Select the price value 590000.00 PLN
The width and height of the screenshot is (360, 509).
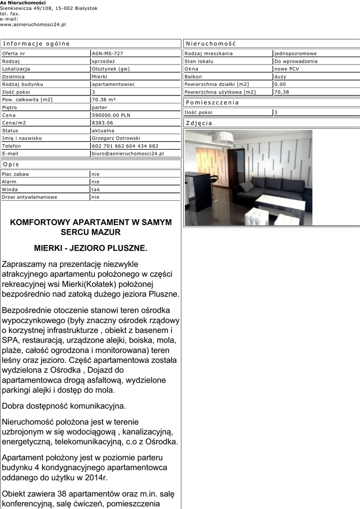111,115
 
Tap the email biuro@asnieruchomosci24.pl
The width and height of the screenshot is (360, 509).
128,154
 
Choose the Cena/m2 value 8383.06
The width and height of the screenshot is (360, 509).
102,123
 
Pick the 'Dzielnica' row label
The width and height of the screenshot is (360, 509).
13,77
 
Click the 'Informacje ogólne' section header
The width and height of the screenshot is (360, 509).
36,43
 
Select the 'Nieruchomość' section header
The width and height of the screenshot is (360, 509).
210,43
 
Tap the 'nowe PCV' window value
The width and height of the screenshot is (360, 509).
287,69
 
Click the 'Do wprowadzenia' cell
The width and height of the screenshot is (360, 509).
295,61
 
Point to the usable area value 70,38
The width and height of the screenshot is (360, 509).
281,92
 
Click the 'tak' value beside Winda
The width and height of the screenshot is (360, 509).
95,189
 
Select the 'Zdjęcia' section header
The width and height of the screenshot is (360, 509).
199,123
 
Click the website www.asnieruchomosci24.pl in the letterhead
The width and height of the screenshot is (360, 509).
33,24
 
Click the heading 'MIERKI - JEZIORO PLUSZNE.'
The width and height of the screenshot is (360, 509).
90,247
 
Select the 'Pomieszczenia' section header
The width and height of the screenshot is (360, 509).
212,102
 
